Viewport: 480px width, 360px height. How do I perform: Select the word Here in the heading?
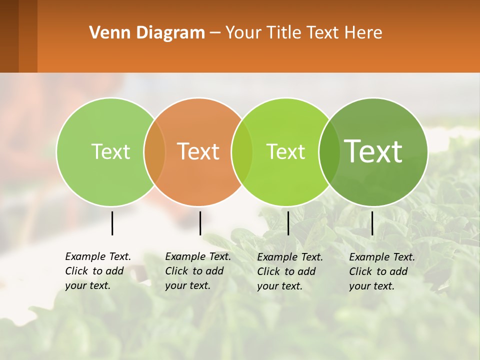pyautogui.click(x=363, y=33)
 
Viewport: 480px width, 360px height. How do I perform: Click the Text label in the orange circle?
pyautogui.click(x=198, y=151)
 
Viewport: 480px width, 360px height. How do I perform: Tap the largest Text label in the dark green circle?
pyautogui.click(x=373, y=151)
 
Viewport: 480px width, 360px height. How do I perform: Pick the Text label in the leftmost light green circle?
pyautogui.click(x=110, y=151)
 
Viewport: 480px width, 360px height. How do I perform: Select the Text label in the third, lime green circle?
pyautogui.click(x=285, y=151)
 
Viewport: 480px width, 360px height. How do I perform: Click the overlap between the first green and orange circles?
pyautogui.click(x=154, y=151)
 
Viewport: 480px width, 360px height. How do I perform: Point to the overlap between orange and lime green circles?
pyautogui.click(x=242, y=151)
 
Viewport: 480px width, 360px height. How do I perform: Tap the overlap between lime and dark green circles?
pyautogui.click(x=329, y=151)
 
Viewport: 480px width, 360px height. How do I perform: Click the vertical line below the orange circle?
pyautogui.click(x=200, y=223)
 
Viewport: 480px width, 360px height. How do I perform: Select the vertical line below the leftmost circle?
pyautogui.click(x=112, y=223)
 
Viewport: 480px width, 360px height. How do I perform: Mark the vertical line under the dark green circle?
pyautogui.click(x=372, y=223)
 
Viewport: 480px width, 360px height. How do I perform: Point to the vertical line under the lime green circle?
pyautogui.click(x=288, y=223)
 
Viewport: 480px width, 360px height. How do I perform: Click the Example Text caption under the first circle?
pyautogui.click(x=98, y=271)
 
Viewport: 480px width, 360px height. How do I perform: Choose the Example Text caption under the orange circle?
pyautogui.click(x=198, y=271)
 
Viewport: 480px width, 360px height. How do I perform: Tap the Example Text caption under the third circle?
pyautogui.click(x=290, y=271)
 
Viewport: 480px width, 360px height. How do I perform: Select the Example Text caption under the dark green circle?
pyautogui.click(x=382, y=271)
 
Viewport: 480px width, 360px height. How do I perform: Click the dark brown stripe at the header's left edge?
pyautogui.click(x=9, y=36)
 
